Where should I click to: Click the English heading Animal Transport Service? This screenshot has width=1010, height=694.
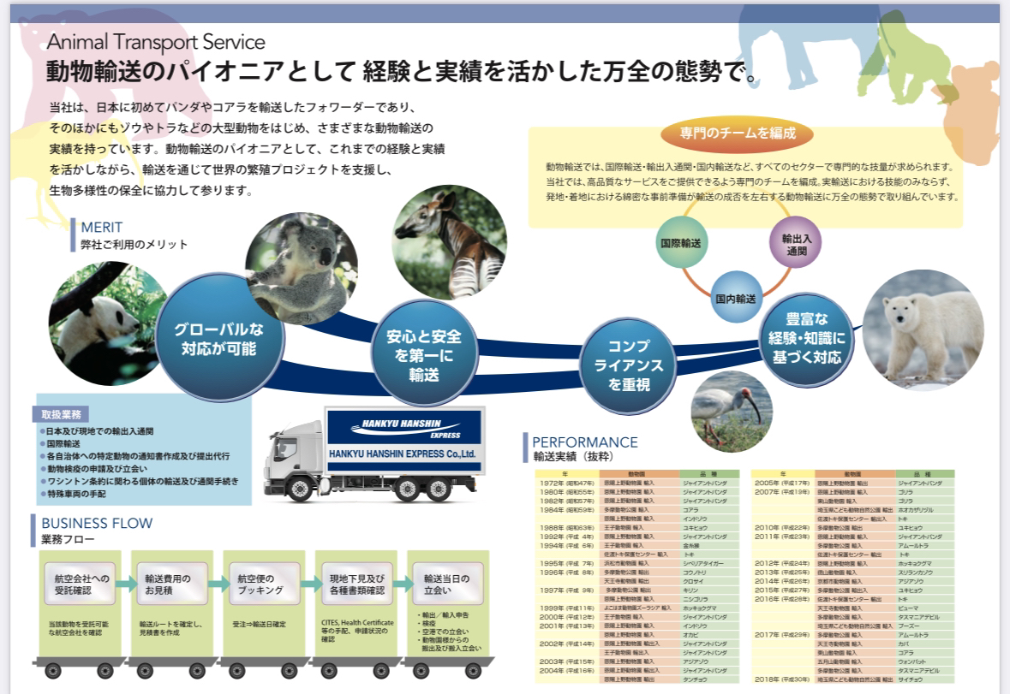point(157,42)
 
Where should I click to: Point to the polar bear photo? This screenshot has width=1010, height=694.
point(921,329)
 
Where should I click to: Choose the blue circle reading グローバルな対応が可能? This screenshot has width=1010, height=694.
point(219,339)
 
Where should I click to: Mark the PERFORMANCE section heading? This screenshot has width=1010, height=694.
point(585,442)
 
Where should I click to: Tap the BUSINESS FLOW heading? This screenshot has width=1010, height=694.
point(92,524)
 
